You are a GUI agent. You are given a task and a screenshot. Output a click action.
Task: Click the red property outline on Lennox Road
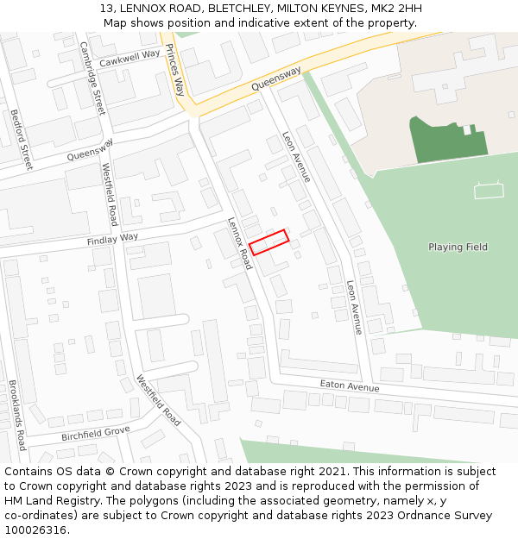[x=269, y=242]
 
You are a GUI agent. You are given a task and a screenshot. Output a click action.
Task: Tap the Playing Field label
[x=458, y=248]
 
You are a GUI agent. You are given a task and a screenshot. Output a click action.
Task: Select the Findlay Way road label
[x=112, y=239]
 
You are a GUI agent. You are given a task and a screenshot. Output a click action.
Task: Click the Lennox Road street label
[x=239, y=242]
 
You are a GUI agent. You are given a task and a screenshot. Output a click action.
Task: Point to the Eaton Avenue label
[x=349, y=386]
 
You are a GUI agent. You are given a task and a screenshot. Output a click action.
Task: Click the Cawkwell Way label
[x=129, y=59]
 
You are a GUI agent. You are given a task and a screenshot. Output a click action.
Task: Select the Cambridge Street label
[x=92, y=78]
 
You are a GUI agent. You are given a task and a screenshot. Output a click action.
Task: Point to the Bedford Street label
[x=21, y=138]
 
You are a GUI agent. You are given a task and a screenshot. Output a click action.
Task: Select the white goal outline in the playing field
[x=489, y=190]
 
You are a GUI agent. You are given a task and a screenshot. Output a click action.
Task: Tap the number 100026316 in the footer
[x=35, y=530]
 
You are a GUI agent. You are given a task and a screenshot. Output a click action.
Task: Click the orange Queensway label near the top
[x=276, y=79]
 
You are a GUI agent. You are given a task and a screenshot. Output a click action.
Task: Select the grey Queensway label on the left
[x=90, y=150]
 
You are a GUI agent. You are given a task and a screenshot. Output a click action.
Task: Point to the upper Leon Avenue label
[x=296, y=156]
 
